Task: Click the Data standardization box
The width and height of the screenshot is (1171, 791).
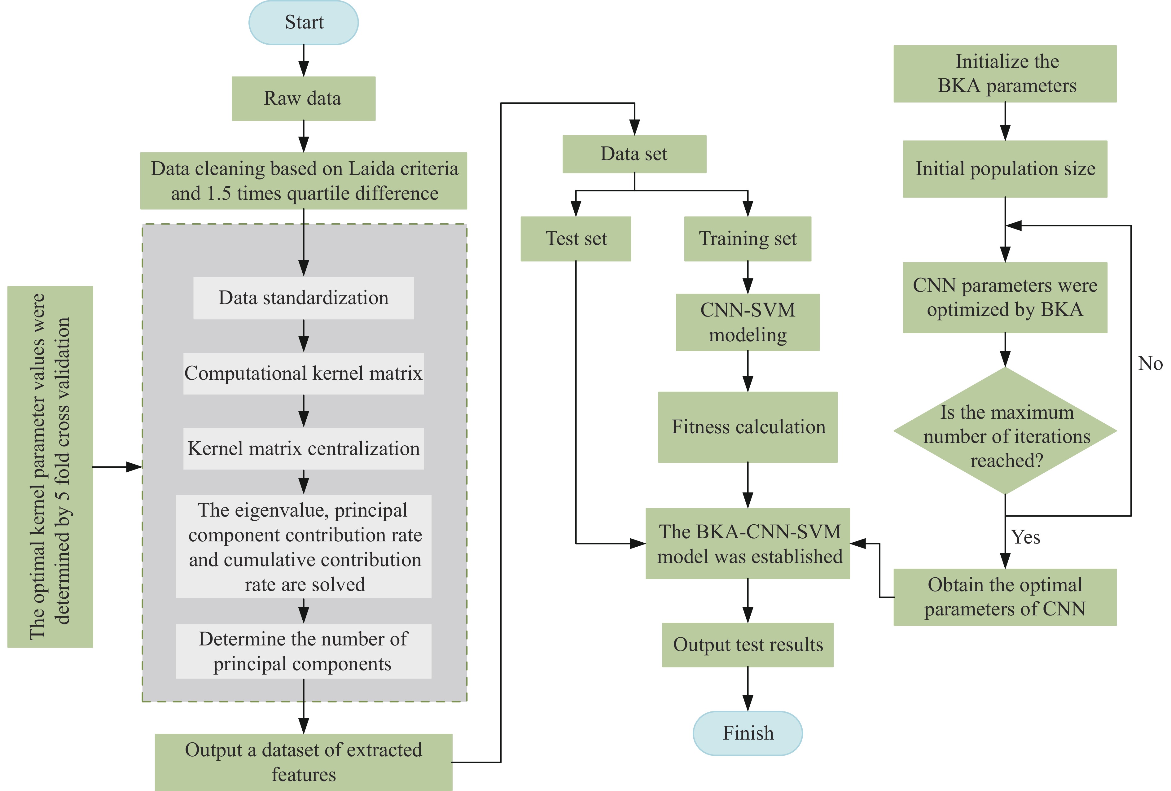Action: coord(303,298)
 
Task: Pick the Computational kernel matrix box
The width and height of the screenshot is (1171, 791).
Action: coord(303,373)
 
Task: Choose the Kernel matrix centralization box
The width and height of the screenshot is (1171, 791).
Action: coord(303,448)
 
